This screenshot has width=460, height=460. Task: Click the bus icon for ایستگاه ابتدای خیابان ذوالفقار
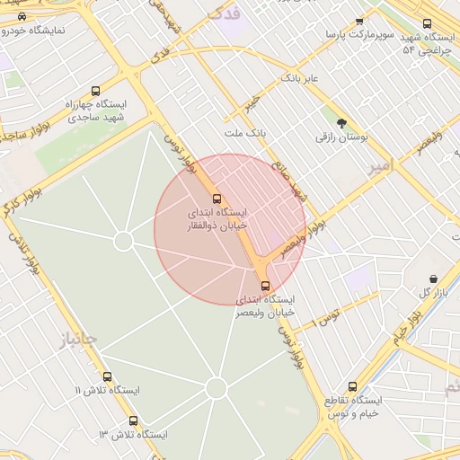pos(216,199)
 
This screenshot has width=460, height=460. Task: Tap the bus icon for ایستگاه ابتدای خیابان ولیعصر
pos(264,285)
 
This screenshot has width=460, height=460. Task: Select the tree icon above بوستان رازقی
pos(341,123)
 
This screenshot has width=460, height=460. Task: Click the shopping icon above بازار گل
pos(434,279)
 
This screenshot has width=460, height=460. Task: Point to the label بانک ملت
pos(246,133)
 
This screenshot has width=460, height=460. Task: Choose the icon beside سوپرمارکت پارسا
pos(359,21)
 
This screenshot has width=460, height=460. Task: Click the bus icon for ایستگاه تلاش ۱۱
pos(108,377)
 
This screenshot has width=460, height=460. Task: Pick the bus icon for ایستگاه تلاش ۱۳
pos(133,420)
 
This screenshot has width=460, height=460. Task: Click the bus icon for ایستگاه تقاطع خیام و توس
pos(352,386)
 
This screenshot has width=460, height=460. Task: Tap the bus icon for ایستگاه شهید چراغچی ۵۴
pos(426,24)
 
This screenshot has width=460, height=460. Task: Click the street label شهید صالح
pos(299,184)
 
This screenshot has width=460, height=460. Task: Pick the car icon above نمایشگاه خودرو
pos(22,16)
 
